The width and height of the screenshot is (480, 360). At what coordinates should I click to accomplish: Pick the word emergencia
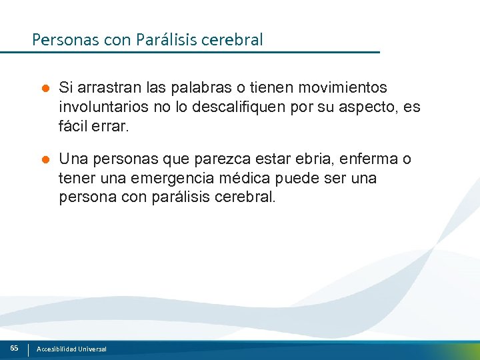167,179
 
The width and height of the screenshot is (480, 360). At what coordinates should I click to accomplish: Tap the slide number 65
14,348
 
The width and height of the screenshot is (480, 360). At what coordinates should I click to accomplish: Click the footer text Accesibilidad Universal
71,349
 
